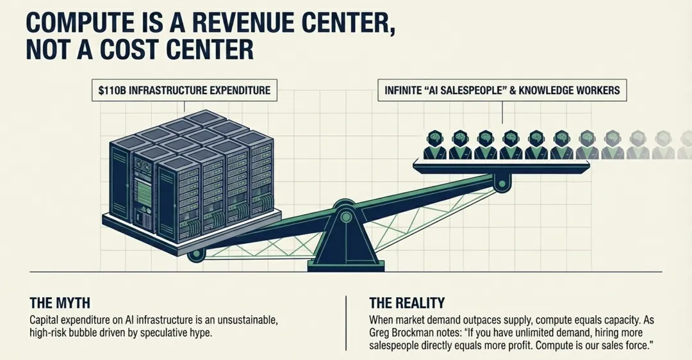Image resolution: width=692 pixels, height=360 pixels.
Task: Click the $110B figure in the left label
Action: tap(113, 91)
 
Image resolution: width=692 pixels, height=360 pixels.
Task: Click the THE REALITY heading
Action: tap(407, 303)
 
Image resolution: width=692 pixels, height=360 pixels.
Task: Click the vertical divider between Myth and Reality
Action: tap(346, 322)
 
